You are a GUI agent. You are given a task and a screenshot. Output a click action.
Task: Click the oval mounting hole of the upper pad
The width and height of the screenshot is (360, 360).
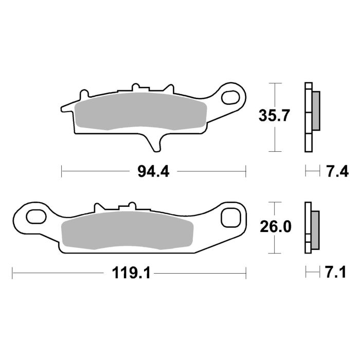pyautogui.click(x=232, y=97)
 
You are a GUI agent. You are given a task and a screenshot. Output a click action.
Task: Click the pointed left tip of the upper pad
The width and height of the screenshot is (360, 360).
pyautogui.click(x=64, y=108)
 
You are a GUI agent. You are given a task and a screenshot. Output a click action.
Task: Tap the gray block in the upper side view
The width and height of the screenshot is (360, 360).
pyautogui.click(x=316, y=111)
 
